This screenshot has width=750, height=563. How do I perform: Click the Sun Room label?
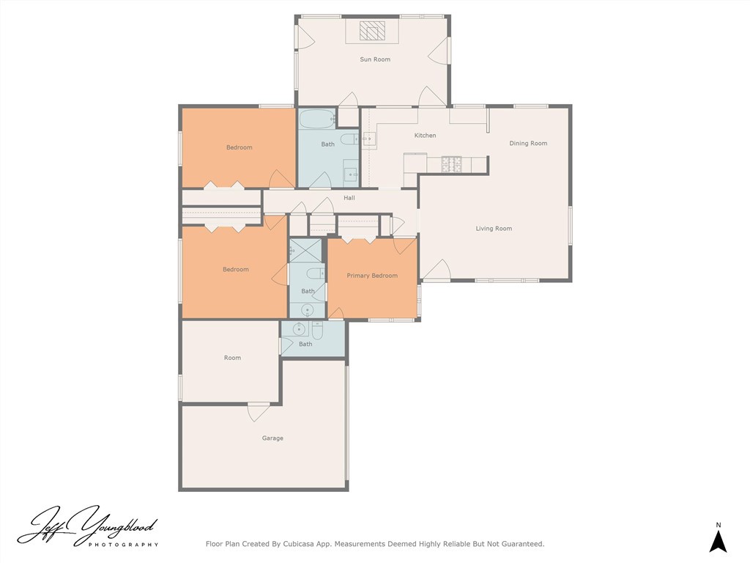pos(375,59)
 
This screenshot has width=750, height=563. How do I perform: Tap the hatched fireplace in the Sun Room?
pos(372,31)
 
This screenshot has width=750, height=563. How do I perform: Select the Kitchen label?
pos(425,136)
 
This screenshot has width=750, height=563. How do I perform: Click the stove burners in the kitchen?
pos(451,163)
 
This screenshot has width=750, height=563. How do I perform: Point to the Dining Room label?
pos(528,143)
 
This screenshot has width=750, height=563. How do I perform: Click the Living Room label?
pos(494,229)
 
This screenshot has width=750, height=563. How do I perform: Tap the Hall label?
pos(349,198)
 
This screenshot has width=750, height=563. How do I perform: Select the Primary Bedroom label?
pos(372,276)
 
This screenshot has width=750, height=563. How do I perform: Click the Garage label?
pos(272,438)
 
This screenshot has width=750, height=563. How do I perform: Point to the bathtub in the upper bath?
pos(317,119)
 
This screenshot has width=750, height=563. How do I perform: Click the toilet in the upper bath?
pos(349,140)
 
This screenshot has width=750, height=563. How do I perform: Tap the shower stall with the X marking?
pos(305,250)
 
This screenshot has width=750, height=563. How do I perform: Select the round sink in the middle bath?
pos(307,310)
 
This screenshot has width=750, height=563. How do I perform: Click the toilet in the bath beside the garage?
pos(317,330)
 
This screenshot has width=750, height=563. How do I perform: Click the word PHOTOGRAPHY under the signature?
pos(123,545)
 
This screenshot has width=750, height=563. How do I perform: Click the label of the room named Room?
pos(232,358)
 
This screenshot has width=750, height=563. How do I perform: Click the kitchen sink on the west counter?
pos(368,139)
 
